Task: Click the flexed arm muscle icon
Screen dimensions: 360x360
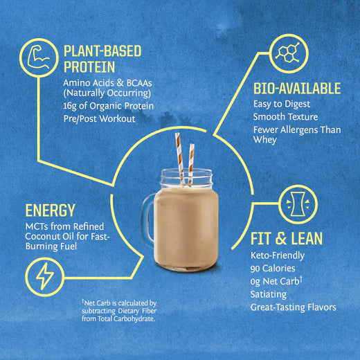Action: [39, 57]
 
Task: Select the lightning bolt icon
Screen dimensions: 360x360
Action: [45, 276]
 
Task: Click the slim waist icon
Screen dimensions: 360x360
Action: [298, 204]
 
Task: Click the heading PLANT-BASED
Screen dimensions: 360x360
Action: [102, 51]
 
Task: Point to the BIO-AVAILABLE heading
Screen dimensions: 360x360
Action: [297, 88]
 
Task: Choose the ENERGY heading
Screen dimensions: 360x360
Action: [50, 210]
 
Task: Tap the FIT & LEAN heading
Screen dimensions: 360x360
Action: [287, 238]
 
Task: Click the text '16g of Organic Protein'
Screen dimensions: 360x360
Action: [109, 106]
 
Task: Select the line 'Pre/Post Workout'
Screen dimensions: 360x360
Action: [99, 118]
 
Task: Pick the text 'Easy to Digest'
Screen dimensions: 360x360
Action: [282, 104]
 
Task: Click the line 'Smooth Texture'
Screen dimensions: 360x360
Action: [285, 117]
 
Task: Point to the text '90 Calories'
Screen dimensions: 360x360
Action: [273, 269]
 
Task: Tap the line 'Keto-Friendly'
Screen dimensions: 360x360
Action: [278, 255]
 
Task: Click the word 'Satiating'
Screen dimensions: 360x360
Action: [269, 294]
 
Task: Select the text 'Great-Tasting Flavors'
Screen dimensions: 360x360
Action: [294, 307]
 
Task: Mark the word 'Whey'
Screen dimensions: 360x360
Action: [265, 140]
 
